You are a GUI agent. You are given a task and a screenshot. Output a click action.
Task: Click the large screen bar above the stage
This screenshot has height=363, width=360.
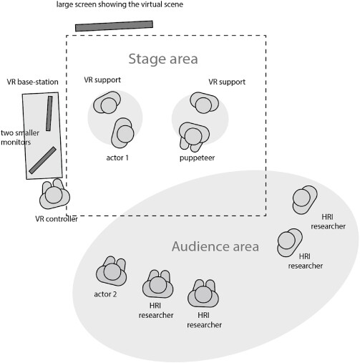point(114,26)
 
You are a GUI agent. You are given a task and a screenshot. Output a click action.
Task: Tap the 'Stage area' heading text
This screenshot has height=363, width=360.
point(163,59)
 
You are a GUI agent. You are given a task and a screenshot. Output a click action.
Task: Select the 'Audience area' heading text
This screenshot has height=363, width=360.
point(215,246)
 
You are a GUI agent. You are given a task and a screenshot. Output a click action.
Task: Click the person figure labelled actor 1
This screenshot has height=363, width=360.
point(123,133)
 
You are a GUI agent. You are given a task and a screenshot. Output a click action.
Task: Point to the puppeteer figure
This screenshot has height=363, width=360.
point(194,137)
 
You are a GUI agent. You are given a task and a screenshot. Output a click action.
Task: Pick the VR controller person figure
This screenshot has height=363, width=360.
point(54,194)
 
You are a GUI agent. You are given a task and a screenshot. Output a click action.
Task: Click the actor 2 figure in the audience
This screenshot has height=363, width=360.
point(112,271)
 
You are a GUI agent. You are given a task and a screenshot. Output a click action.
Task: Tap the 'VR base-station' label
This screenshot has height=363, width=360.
point(32,82)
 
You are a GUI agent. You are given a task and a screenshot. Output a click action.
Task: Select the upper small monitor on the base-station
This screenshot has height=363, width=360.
point(49,113)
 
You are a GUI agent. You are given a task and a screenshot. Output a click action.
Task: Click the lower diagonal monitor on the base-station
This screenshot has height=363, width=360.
point(43,160)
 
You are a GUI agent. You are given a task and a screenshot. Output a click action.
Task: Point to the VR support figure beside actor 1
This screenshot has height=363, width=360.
point(107,102)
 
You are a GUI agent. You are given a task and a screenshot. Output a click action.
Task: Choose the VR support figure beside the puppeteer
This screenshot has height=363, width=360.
point(204,103)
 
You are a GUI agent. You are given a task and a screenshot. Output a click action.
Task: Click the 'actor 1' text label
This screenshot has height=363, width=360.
point(117,158)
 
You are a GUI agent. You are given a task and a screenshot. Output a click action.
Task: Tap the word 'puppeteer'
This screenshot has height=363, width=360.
point(197,158)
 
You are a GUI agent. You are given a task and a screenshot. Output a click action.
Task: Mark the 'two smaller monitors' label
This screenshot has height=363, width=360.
point(20,137)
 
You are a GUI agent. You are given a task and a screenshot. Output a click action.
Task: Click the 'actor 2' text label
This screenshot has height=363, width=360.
point(105,294)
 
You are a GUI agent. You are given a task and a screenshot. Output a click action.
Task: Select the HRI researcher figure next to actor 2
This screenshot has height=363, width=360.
point(157,284)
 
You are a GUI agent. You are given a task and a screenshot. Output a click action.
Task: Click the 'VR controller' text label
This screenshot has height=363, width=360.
point(57,219)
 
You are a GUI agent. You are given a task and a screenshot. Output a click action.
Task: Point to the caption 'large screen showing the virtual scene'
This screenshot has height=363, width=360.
point(120,4)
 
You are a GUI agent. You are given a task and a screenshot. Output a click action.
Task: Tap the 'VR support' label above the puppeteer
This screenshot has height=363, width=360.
point(227,82)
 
